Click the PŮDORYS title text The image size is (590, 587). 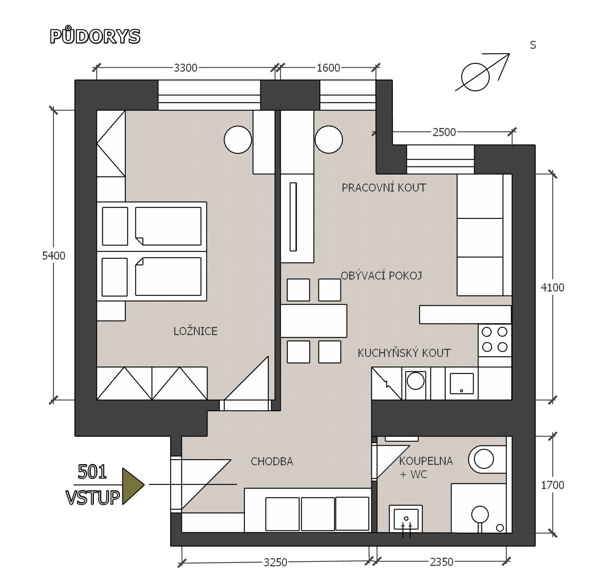(95, 36)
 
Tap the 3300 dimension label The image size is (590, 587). (186, 68)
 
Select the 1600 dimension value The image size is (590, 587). (328, 68)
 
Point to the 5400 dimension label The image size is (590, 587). (54, 256)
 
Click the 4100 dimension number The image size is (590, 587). (553, 287)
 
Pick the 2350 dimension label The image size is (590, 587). (442, 562)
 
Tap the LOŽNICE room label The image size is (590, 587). (195, 331)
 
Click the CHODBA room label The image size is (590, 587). (272, 461)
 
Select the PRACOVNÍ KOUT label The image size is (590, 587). (384, 188)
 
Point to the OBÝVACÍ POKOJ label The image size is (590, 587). (381, 276)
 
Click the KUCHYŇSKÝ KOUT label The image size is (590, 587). (404, 353)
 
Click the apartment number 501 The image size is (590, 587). (92, 472)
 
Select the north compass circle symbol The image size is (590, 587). (475, 77)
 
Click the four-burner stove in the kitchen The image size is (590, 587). (495, 340)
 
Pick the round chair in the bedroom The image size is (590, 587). (238, 139)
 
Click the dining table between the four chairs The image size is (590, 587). (314, 321)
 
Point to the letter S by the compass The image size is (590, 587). (533, 45)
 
